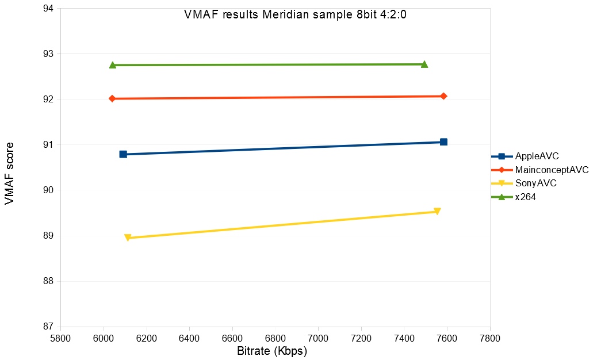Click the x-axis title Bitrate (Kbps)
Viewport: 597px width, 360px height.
[272, 351]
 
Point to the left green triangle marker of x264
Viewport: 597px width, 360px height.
[113, 65]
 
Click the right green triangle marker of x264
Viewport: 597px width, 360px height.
[424, 64]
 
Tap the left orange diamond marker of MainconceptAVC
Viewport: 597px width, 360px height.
[112, 99]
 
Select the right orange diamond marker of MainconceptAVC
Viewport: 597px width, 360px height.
[443, 96]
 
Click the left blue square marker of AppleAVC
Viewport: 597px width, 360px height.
[123, 154]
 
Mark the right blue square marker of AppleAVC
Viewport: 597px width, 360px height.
[443, 142]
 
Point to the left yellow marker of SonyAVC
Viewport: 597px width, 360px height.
[128, 238]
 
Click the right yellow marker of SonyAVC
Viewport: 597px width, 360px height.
[437, 212]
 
